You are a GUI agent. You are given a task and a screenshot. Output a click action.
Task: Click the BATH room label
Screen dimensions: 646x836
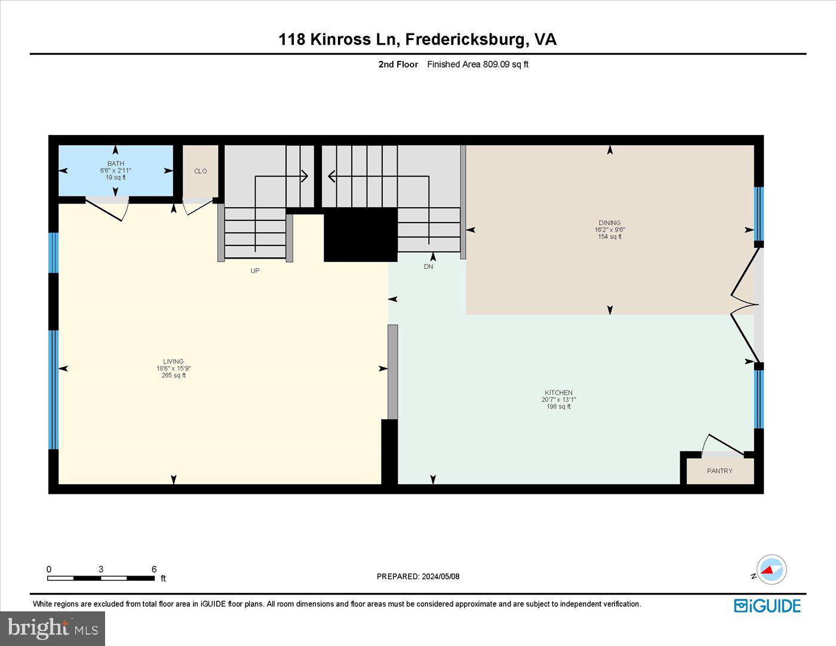116,164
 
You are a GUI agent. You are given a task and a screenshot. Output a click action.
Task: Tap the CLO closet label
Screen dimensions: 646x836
201,171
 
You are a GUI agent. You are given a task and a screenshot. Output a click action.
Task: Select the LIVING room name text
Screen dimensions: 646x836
174,361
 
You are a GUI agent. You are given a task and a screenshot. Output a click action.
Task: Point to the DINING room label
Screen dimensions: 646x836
610,223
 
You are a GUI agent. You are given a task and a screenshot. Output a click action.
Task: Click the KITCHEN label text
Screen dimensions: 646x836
558,393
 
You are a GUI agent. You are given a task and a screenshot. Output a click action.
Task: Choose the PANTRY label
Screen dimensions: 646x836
720,471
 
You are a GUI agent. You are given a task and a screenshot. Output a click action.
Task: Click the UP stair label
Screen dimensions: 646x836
255,270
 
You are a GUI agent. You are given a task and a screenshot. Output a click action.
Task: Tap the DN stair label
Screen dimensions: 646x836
429,267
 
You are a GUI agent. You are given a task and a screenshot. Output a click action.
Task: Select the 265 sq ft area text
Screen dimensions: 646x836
174,376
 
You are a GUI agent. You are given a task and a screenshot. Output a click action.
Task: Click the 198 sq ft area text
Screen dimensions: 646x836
558,407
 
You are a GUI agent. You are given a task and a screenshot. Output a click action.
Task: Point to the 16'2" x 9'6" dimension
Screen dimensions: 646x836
610,230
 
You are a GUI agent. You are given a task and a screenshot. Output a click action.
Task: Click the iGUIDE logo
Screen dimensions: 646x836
767,605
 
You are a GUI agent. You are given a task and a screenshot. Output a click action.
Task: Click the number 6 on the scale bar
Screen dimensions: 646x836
154,569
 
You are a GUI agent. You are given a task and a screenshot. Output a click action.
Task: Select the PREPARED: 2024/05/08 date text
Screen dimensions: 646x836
418,577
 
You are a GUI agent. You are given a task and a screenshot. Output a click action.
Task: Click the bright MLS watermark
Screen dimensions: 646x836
53,628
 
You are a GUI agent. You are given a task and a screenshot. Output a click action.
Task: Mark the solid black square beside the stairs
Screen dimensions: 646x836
361,235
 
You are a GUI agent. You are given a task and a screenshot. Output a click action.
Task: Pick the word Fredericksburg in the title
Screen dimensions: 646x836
466,39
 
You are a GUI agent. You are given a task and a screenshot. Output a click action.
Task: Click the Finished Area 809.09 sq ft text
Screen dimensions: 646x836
478,64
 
